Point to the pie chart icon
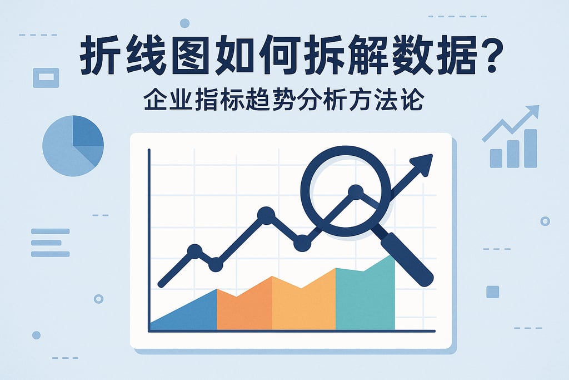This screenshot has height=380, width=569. tap(73, 146)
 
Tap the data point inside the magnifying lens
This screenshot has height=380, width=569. tap(355, 193)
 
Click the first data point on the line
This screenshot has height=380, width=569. tap(194, 251)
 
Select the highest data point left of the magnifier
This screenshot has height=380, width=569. tap(266, 215)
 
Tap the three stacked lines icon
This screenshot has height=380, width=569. tap(51, 243)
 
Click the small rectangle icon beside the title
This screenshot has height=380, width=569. tap(46, 77)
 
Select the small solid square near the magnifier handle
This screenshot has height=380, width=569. tap(492, 292)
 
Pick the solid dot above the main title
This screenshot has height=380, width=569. tap(184, 23)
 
